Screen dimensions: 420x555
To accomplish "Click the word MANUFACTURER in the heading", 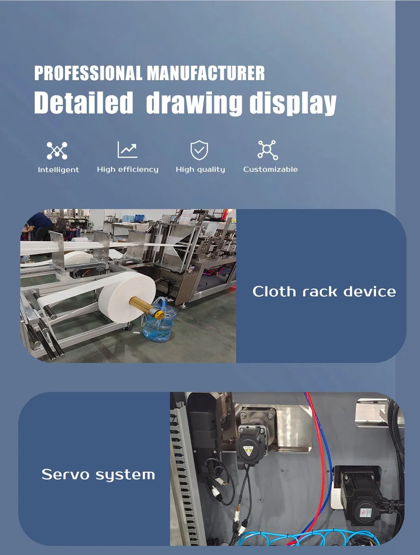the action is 206,73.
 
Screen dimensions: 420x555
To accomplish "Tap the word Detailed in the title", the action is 84,102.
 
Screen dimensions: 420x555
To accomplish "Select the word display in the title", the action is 293,104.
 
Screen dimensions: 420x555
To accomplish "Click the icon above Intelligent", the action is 57,150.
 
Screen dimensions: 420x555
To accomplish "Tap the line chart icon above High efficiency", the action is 128,150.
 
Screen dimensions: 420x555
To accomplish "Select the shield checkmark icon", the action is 199,150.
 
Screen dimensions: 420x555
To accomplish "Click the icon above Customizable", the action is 268,150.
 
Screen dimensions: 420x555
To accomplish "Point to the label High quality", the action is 200,169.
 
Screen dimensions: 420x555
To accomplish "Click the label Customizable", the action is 271,169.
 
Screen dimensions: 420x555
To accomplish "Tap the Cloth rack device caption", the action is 324,292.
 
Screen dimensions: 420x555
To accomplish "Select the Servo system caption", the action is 98,474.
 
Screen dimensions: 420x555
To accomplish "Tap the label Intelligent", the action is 58,170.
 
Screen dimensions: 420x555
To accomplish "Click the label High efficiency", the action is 128,169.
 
